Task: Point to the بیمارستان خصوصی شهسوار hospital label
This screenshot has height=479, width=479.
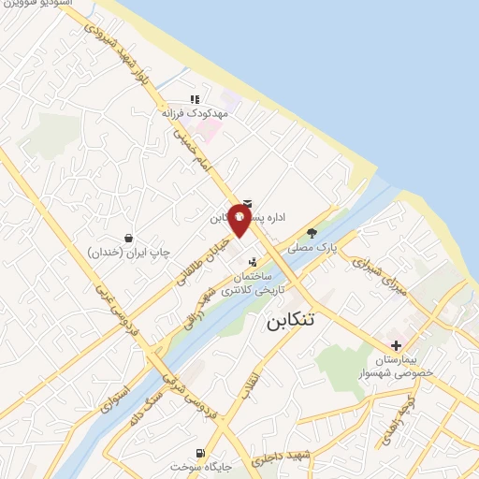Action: click(404, 366)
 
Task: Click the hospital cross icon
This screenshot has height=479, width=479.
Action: click(397, 346)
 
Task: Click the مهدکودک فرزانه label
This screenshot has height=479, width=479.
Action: click(195, 112)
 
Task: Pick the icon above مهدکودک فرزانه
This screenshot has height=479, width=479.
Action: click(195, 98)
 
